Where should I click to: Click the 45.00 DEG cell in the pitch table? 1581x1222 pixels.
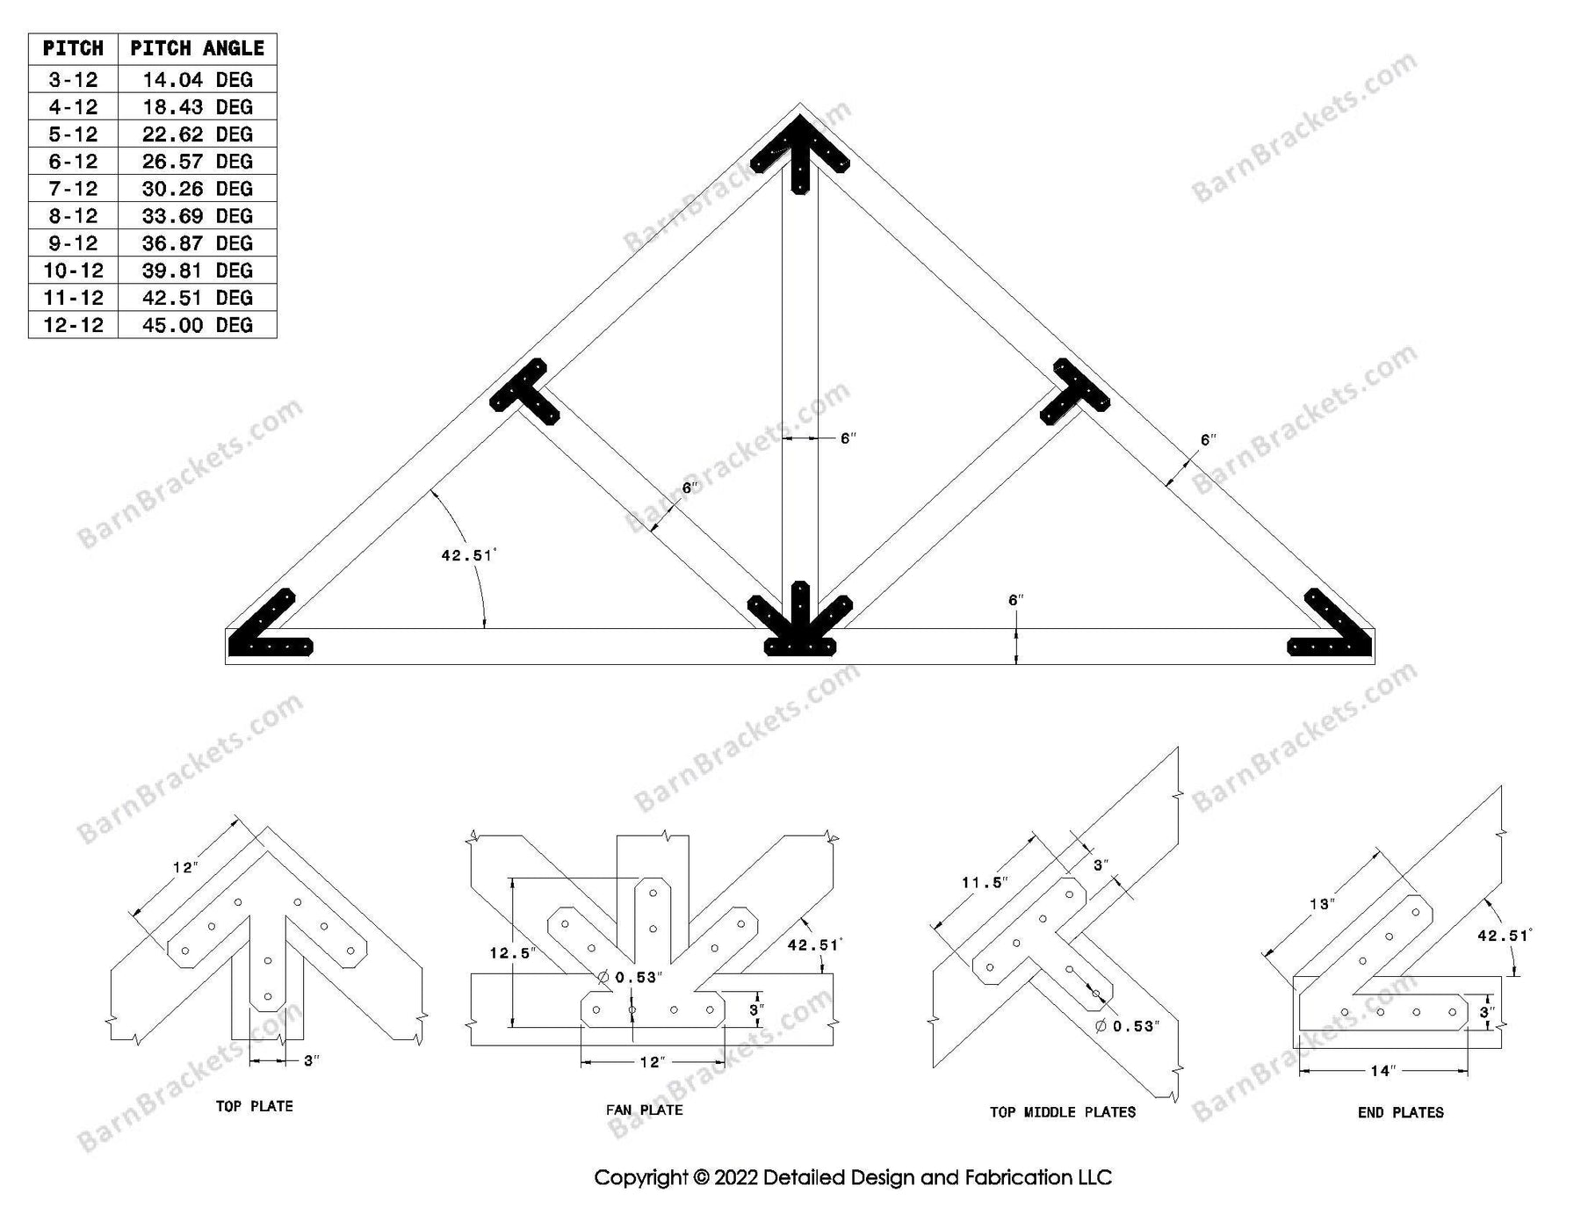(197, 325)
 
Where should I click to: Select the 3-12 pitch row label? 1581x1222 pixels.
(73, 80)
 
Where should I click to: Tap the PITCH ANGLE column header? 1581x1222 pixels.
(197, 48)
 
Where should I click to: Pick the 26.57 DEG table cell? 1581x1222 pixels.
(197, 162)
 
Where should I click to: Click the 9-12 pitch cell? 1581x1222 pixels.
(73, 243)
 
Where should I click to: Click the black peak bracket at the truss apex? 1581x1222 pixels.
(799, 154)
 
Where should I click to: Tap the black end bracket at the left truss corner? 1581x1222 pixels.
(263, 633)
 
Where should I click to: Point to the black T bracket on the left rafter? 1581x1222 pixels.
(525, 393)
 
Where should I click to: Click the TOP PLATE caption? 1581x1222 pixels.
(255, 1106)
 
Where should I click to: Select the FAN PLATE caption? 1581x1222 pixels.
(644, 1110)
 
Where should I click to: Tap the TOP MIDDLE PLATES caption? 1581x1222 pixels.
(1062, 1112)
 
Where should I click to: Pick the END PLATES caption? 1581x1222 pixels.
(1400, 1112)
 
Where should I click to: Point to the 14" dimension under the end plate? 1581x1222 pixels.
(1382, 1071)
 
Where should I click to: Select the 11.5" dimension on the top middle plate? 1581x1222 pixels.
(984, 882)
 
